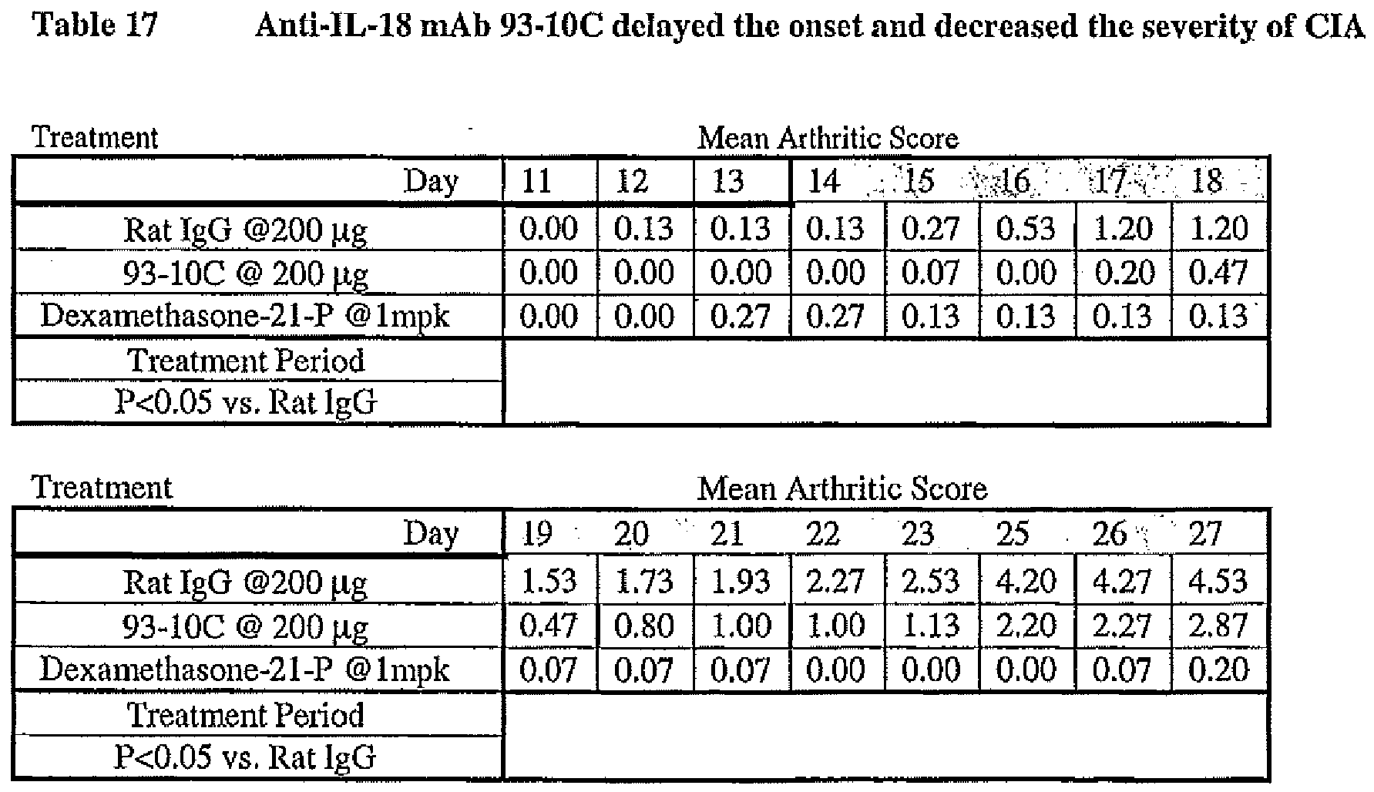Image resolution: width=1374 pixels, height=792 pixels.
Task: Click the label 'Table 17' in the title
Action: point(95,25)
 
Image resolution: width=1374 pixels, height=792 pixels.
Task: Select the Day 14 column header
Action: point(823,181)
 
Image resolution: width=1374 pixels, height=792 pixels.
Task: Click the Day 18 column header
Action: point(1207,181)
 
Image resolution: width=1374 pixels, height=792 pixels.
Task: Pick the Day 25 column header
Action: point(1013,534)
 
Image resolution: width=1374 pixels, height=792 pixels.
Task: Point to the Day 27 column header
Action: point(1205,534)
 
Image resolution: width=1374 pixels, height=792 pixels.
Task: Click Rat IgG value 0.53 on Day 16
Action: point(1026,229)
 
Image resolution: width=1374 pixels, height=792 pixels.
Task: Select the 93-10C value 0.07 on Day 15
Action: point(930,273)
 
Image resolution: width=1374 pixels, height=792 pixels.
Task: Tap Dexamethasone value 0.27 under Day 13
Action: point(740,317)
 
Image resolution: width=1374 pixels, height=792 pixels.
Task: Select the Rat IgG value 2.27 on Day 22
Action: point(835,580)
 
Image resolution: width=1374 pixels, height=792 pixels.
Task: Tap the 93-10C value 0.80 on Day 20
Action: point(643,625)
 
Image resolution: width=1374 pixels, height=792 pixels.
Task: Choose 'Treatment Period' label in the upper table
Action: point(246,361)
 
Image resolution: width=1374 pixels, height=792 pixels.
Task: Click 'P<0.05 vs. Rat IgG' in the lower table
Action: point(246,757)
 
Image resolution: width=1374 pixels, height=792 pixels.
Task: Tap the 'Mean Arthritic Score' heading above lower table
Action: point(842,488)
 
